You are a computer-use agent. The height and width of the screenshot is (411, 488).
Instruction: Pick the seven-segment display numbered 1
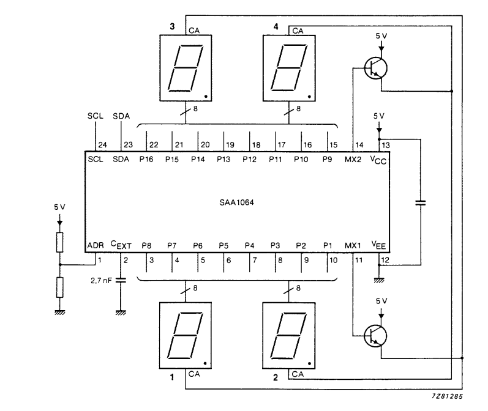[x=186, y=337]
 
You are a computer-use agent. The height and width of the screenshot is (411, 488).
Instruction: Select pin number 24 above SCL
[x=102, y=145]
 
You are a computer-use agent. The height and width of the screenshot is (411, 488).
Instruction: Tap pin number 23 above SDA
[x=128, y=145]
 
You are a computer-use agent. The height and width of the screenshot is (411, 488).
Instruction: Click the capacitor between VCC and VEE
[x=420, y=201]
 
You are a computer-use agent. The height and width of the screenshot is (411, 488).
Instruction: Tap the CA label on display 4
[x=298, y=30]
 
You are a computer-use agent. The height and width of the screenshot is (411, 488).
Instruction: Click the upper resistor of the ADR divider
[x=59, y=242]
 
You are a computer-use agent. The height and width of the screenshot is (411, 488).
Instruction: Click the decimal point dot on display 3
[x=206, y=97]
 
